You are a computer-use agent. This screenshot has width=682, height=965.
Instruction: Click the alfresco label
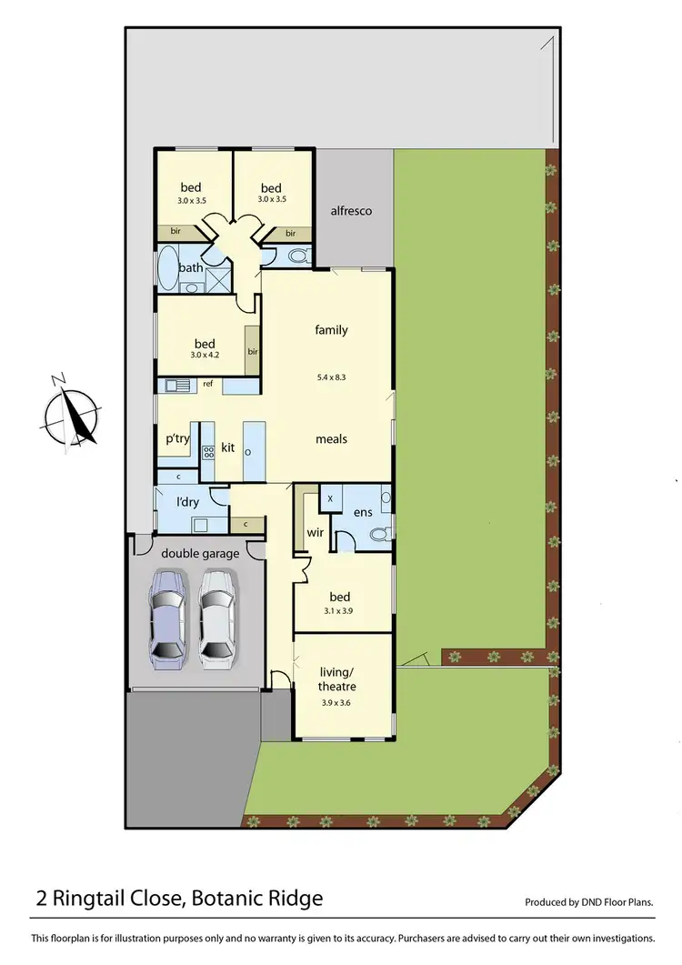coord(351,211)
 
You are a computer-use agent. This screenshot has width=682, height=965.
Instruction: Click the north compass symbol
coord(70,414)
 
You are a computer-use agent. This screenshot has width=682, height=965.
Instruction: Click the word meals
coord(331,438)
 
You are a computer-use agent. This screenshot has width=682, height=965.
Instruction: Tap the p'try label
coord(176,437)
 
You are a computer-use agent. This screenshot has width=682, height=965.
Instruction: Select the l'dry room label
coord(187,502)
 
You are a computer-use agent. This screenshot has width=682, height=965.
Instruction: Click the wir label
coord(316,530)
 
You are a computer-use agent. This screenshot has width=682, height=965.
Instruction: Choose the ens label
coord(363,513)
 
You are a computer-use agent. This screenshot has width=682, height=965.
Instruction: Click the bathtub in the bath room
coord(168,268)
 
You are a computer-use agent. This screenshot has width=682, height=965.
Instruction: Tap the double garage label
coord(200,553)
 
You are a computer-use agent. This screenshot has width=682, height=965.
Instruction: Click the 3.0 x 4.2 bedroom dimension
coord(204,356)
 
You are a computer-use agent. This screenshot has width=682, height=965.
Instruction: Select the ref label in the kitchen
coord(207,384)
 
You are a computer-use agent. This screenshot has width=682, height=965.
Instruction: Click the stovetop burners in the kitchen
coord(207,451)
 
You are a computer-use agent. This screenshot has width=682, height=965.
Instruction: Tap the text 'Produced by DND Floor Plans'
coord(589,902)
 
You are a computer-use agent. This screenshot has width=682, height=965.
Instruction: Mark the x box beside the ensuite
coord(329,499)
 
